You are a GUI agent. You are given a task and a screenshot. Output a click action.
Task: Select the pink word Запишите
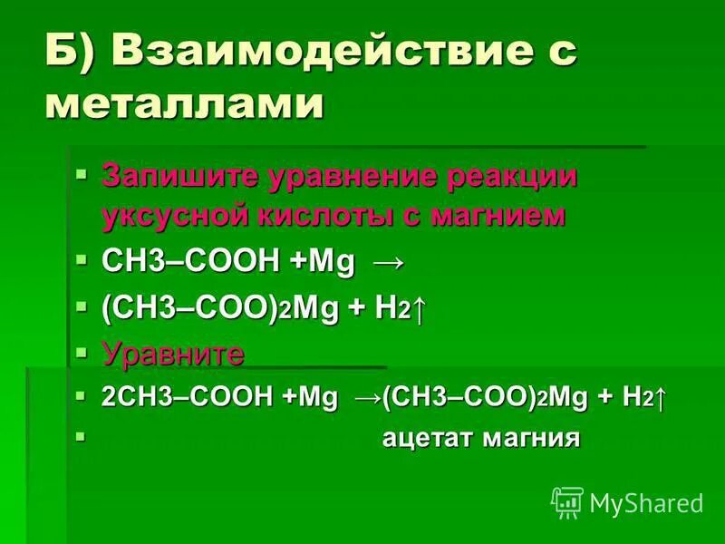click(179, 175)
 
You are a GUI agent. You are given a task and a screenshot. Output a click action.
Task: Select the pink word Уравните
click(173, 354)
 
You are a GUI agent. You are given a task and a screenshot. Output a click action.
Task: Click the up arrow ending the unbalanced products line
click(419, 310)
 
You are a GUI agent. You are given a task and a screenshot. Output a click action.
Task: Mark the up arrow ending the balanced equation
click(661, 398)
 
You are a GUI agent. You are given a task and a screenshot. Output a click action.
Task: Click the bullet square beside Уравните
click(82, 350)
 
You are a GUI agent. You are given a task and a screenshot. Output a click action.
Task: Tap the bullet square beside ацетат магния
click(82, 436)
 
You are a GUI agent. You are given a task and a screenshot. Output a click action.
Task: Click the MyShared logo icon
click(567, 501)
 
